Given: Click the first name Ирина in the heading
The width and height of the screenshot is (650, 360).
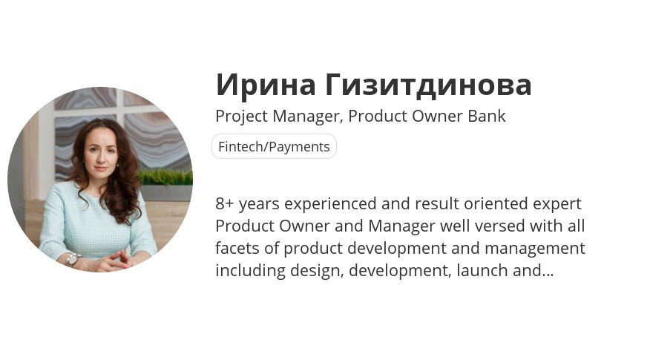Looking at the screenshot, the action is click(x=266, y=85).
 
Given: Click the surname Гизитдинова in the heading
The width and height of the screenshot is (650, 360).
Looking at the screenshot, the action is click(x=428, y=85).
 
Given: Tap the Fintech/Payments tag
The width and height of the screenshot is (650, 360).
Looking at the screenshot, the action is click(x=274, y=146).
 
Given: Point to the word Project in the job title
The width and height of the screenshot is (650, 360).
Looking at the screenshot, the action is click(x=242, y=117).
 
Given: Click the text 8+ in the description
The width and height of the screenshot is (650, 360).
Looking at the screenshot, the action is click(x=225, y=203).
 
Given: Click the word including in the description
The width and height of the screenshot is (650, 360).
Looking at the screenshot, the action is click(x=250, y=270).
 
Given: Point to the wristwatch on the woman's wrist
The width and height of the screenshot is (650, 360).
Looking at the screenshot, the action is click(x=73, y=260).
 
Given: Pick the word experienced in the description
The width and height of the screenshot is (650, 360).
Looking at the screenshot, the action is click(x=330, y=204).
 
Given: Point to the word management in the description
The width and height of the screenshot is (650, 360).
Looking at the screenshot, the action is click(x=535, y=249).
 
